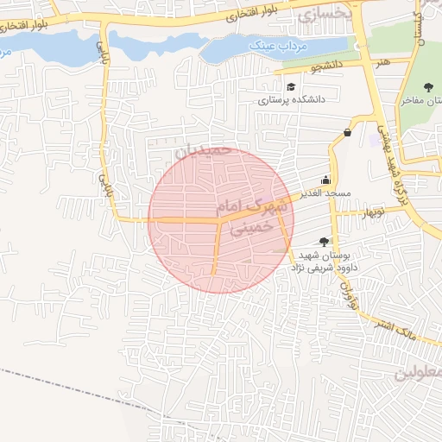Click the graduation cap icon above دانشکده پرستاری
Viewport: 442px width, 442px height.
pos(292,87)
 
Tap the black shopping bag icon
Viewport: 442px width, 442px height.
pos(347,132)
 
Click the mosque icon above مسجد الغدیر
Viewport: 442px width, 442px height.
pos(325,180)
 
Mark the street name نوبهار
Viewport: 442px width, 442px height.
pos(372,212)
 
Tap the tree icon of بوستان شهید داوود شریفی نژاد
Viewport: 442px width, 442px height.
pos(324,243)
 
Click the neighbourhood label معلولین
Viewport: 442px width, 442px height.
pos(419,373)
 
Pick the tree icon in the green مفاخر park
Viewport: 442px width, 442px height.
pos(428,85)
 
